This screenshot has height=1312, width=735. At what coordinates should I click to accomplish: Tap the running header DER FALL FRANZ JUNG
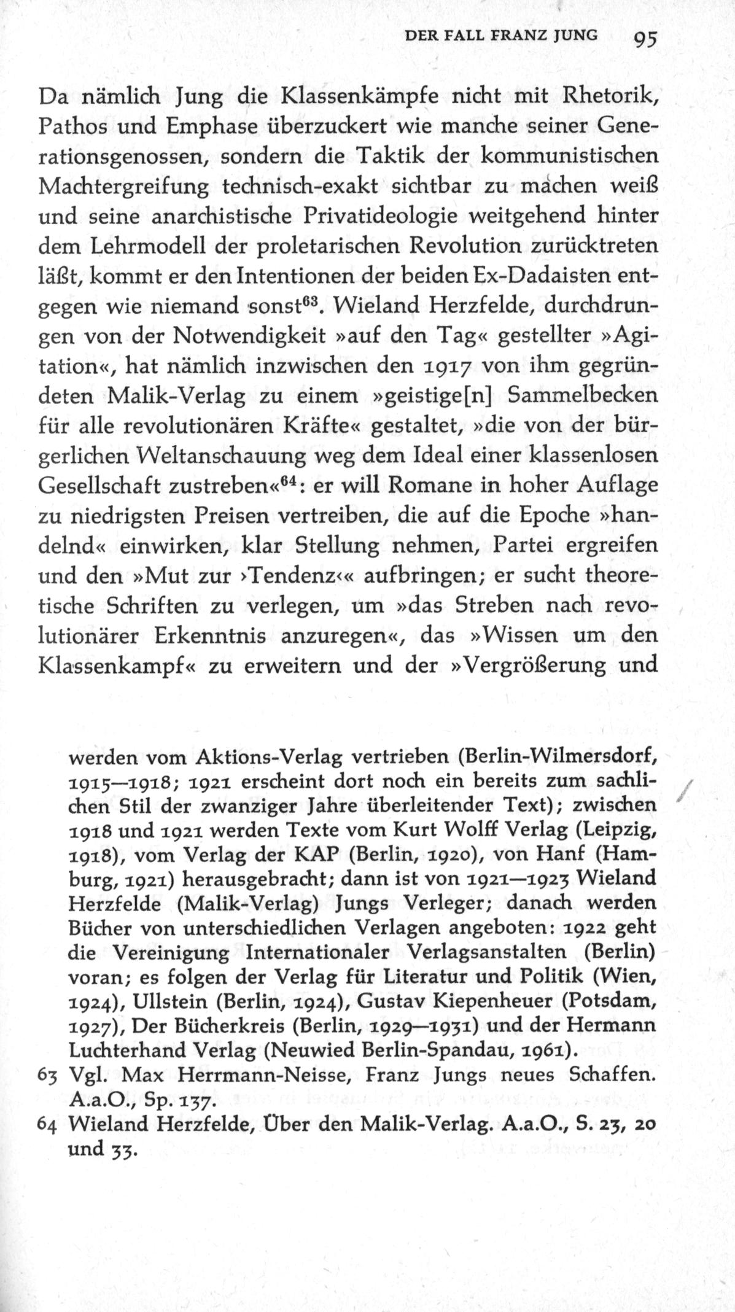(x=500, y=36)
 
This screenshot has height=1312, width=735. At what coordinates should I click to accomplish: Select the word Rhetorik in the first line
(x=602, y=96)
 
